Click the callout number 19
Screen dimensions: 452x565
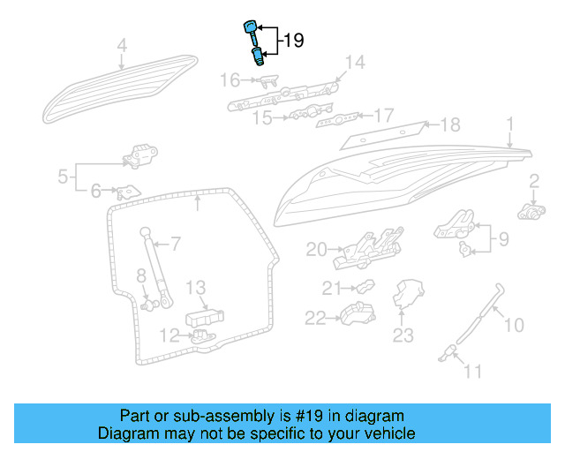tap(292, 41)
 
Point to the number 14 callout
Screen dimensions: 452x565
tap(354, 62)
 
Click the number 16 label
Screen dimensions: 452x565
tap(230, 80)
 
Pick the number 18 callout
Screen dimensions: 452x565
tap(450, 124)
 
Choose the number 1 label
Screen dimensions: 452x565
tap(509, 123)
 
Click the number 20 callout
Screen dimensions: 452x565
tap(316, 250)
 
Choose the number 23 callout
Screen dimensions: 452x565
tap(403, 335)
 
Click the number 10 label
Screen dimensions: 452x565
tap(513, 326)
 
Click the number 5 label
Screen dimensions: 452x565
tap(63, 177)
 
